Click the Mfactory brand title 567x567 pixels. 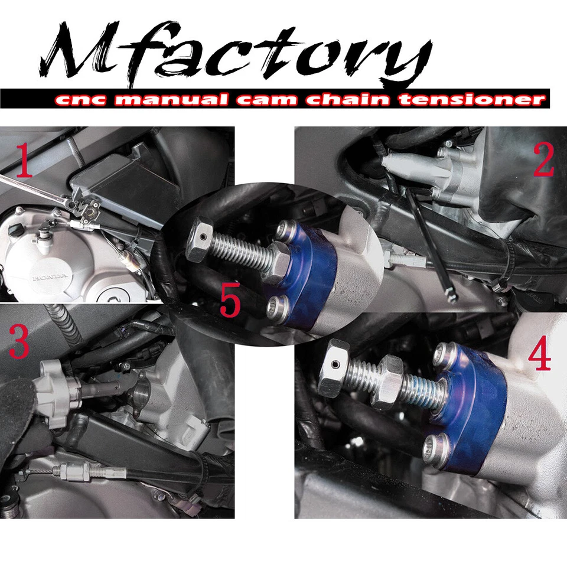point(236,56)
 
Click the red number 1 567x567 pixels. point(24,161)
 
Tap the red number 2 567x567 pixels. point(544,160)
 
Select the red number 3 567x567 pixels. point(19,343)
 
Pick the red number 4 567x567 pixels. point(539,354)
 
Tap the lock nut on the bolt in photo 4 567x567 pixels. point(387,384)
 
